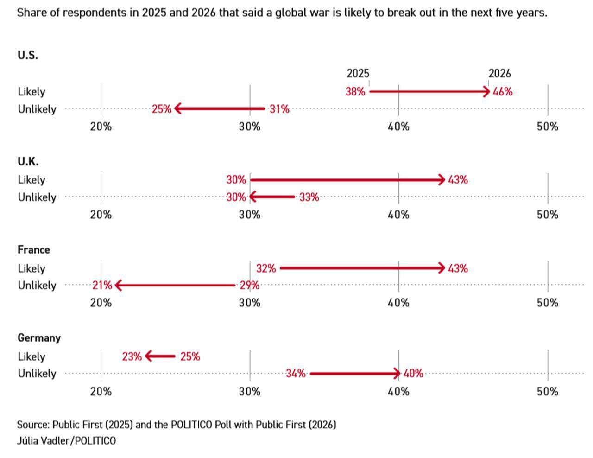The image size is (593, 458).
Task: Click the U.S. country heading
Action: pyautogui.click(x=28, y=55)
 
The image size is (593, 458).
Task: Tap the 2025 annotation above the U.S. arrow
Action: pyautogui.click(x=358, y=73)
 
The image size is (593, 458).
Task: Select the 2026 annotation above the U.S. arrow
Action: pyautogui.click(x=499, y=73)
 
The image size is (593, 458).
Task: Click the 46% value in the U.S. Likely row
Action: pyautogui.click(x=503, y=92)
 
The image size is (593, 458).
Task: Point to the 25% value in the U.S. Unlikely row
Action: pyautogui.click(x=161, y=109)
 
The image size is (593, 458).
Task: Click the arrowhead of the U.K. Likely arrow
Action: pyautogui.click(x=442, y=180)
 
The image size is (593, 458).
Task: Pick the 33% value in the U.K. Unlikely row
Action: pyautogui.click(x=309, y=197)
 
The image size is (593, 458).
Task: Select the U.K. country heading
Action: pyautogui.click(x=28, y=162)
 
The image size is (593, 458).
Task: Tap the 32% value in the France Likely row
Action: pyautogui.click(x=266, y=268)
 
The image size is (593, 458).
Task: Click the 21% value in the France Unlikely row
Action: pyautogui.click(x=102, y=286)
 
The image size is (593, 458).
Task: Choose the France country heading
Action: pyautogui.click(x=33, y=250)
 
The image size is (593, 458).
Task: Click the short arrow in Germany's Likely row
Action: pyautogui.click(x=160, y=356)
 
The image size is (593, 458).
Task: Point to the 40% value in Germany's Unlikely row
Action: pyautogui.click(x=413, y=374)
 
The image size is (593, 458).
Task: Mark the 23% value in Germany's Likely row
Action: pyautogui.click(x=132, y=357)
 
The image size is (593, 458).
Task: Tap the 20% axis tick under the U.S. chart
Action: pyautogui.click(x=101, y=127)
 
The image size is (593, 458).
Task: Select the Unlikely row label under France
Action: pyautogui.click(x=37, y=286)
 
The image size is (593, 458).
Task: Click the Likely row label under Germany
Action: pyautogui.click(x=32, y=357)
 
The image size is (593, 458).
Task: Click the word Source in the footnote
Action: pyautogui.click(x=33, y=425)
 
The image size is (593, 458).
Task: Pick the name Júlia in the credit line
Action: pyautogui.click(x=27, y=441)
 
